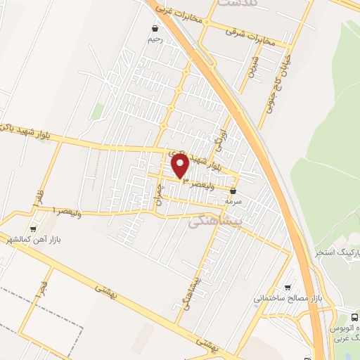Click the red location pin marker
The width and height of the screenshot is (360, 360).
pos(181,167)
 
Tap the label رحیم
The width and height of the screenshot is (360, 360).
pos(155,39)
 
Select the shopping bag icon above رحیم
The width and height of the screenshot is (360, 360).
pos(155,29)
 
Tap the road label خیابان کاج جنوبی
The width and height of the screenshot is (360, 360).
pos(276,91)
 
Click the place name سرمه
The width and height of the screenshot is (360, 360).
pos(233,200)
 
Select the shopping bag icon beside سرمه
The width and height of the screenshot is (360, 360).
pos(233,189)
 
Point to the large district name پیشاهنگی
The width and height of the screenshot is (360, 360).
pos(216,221)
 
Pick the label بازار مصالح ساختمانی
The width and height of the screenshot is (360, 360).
pos(288,298)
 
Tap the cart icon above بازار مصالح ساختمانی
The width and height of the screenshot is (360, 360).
pos(287,287)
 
